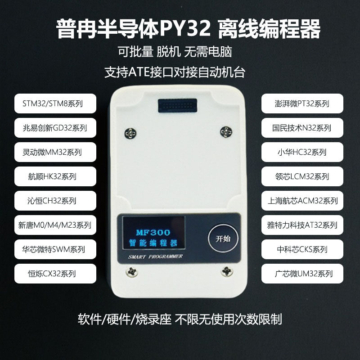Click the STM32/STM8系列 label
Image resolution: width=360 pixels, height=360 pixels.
55,103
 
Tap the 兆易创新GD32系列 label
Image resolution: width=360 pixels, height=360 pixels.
55,128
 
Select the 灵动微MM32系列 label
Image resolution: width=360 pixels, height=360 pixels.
55,152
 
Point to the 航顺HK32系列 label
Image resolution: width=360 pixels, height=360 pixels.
55,176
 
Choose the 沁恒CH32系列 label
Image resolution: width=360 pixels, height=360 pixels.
55,201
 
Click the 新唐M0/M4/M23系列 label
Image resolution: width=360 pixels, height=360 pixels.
55,225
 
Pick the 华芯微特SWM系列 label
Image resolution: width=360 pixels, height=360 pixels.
55,249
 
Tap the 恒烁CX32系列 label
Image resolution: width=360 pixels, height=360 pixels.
55,273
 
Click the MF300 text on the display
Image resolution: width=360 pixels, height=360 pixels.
153,232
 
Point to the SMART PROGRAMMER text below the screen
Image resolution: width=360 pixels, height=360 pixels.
155,256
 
